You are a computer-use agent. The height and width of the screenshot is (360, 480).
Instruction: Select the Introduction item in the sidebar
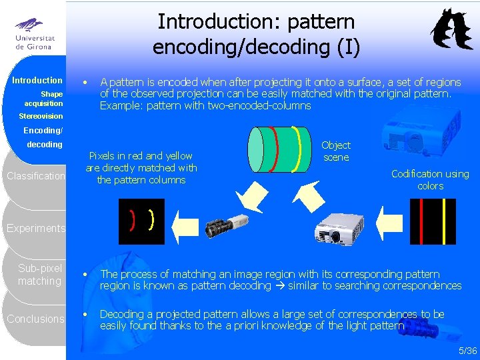(x=37, y=80)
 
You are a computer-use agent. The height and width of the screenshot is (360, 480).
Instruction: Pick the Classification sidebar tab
(x=35, y=177)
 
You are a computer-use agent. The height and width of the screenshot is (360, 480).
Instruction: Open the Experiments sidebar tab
(x=35, y=229)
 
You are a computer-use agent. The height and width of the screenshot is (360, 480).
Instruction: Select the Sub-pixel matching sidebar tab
(x=39, y=275)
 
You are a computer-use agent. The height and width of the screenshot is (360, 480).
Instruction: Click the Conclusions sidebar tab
(x=35, y=319)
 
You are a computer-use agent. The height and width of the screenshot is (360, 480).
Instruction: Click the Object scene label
(x=336, y=151)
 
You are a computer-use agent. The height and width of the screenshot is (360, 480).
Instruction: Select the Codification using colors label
(x=430, y=179)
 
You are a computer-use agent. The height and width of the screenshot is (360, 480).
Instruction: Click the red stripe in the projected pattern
(x=421, y=223)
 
